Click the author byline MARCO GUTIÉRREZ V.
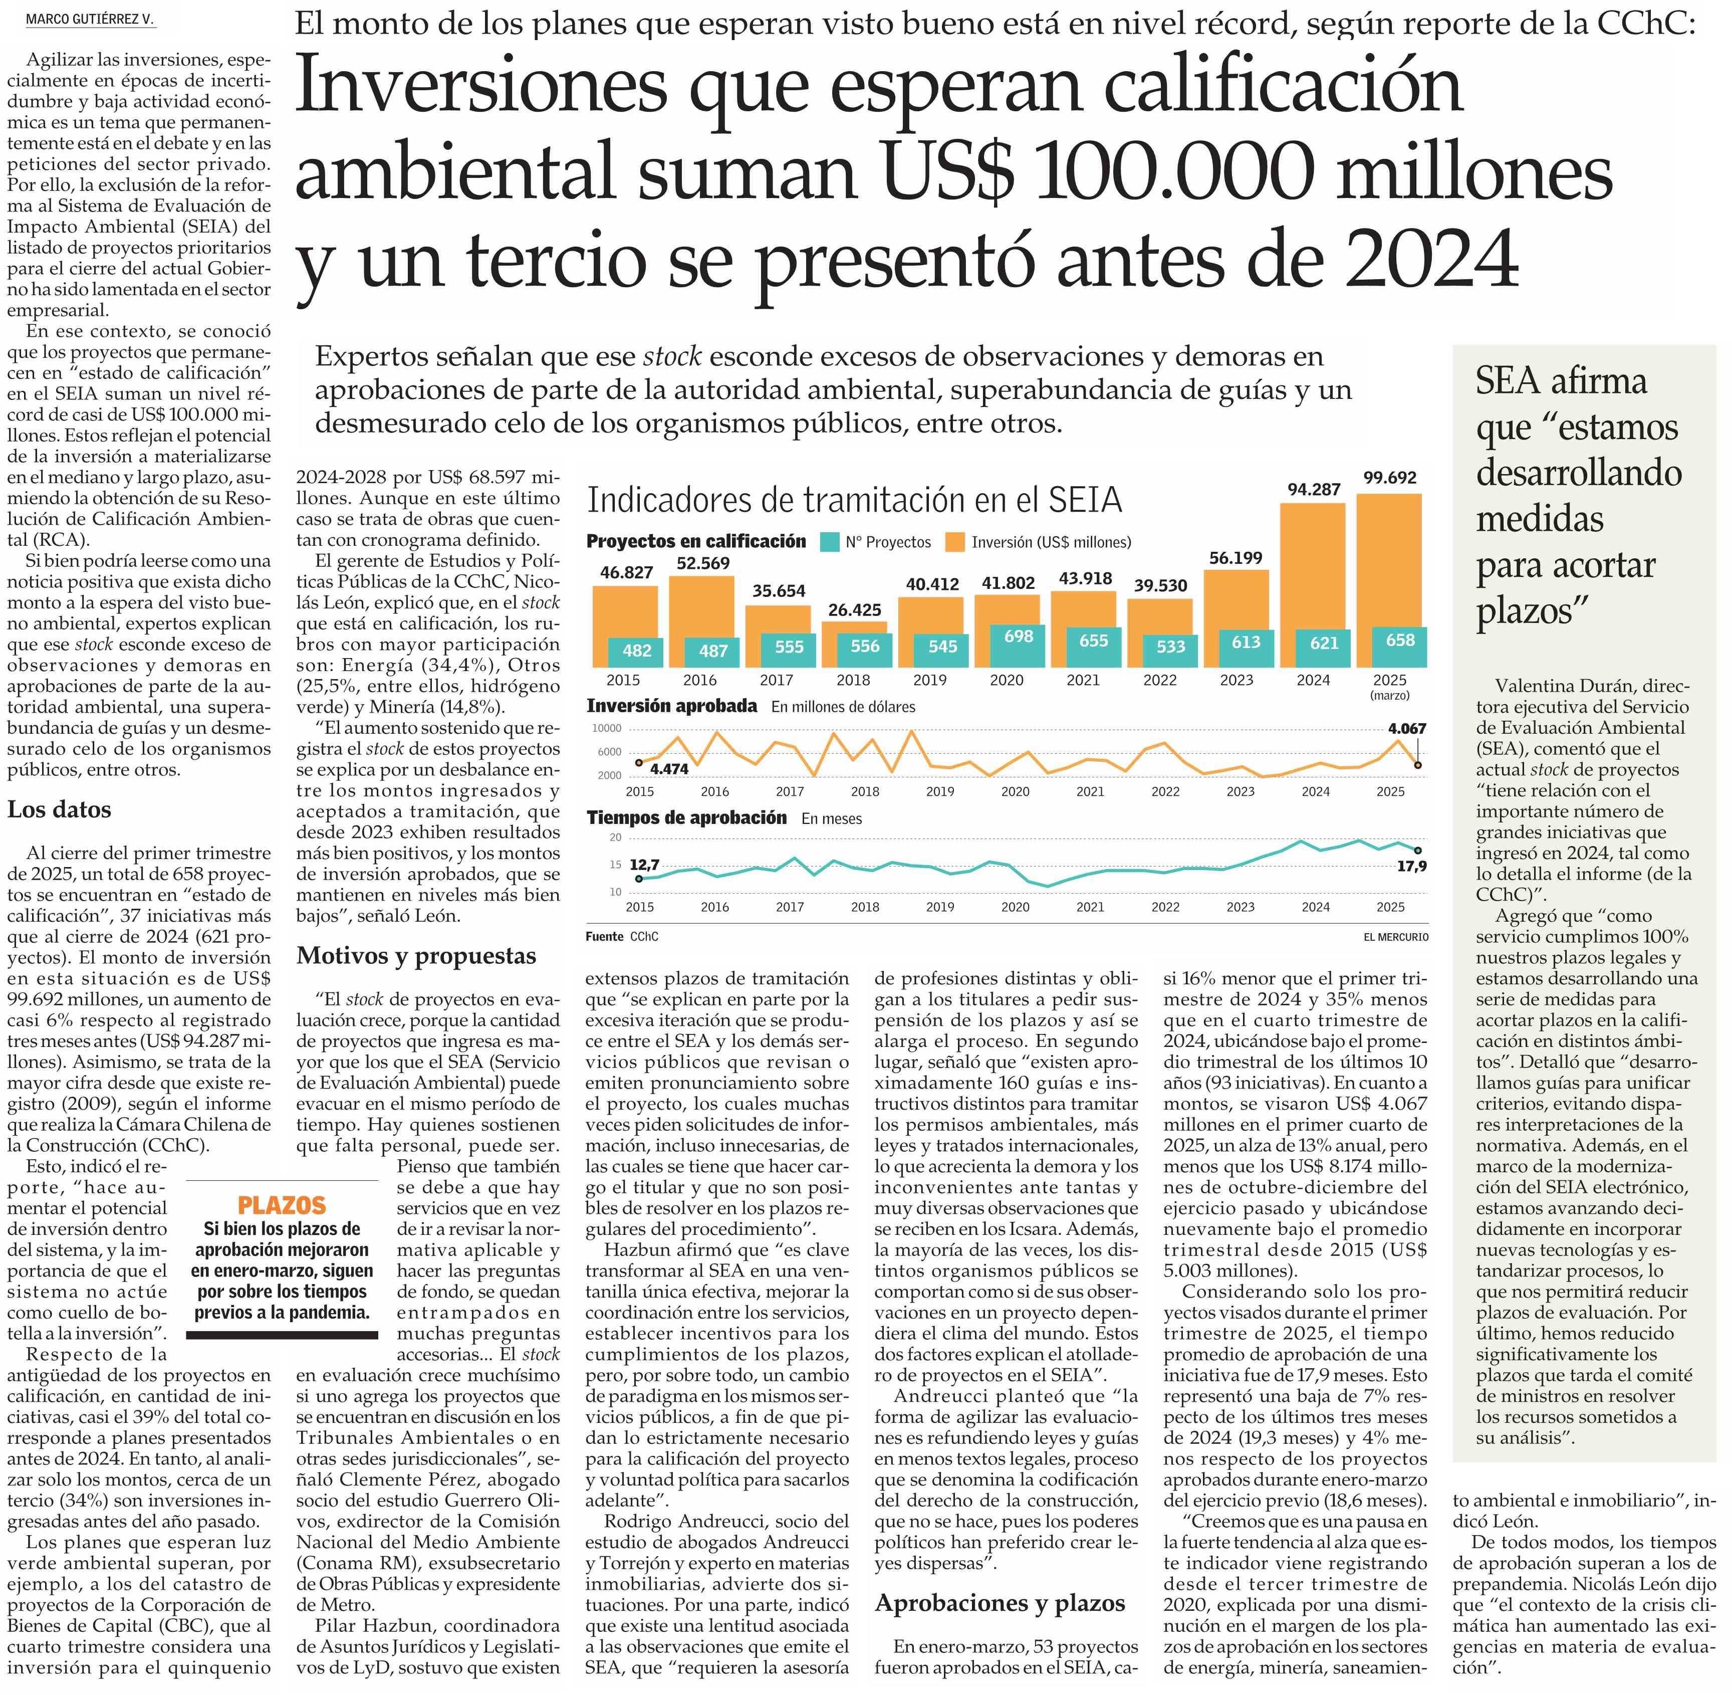[x=89, y=18]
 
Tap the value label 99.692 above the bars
[x=1389, y=478]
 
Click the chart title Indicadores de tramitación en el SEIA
[x=854, y=500]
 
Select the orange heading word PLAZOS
[x=281, y=1205]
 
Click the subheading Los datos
[x=60, y=810]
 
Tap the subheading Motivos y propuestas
[x=416, y=956]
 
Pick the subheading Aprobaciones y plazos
[x=1001, y=1603]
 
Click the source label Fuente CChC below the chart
[x=622, y=937]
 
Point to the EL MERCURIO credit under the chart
[x=1395, y=937]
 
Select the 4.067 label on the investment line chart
[x=1407, y=728]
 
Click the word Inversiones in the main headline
[x=480, y=86]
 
